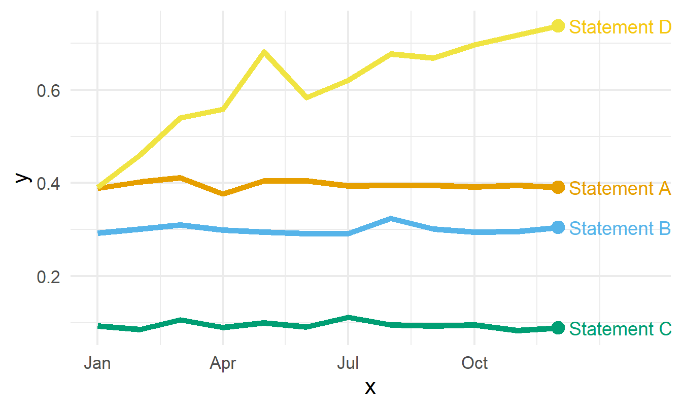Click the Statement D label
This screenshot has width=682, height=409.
point(620,27)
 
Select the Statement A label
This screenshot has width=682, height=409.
point(620,188)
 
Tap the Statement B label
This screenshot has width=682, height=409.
point(620,228)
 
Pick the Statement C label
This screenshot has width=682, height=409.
point(620,329)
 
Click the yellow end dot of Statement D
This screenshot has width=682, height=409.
point(558,26)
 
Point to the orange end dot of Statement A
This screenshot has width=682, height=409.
point(558,187)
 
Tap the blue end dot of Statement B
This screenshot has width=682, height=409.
point(558,227)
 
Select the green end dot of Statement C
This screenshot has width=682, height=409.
point(558,328)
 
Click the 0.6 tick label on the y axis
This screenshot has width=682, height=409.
point(48,91)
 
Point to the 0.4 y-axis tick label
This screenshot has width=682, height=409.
point(48,184)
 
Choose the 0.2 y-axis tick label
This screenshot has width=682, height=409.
point(48,277)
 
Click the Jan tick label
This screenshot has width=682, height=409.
point(97,363)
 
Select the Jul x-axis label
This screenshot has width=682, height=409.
point(348,363)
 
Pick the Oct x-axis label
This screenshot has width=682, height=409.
point(474,363)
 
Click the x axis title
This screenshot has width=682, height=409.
point(370,388)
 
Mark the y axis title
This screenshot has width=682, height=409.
point(23,178)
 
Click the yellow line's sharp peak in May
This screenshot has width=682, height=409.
point(264,52)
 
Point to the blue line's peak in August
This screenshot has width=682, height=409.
point(390,219)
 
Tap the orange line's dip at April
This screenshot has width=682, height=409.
point(223,194)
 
